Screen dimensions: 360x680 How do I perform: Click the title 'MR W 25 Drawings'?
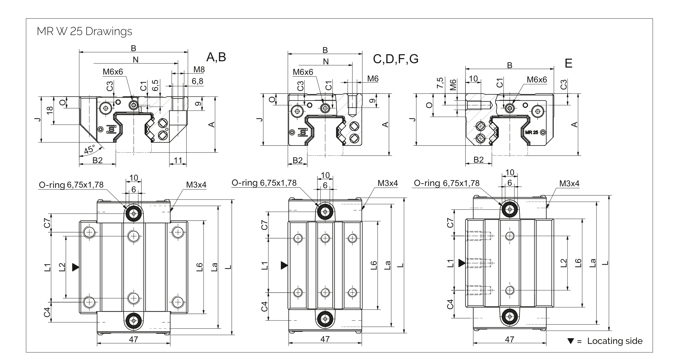pyautogui.click(x=84, y=32)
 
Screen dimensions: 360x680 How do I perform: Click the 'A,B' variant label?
pyautogui.click(x=216, y=57)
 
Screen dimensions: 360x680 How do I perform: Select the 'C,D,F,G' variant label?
pyautogui.click(x=396, y=59)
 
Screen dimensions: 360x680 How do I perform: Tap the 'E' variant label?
pyautogui.click(x=568, y=64)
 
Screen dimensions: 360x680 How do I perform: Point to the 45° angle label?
pyautogui.click(x=89, y=149)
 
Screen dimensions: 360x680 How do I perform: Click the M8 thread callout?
pyautogui.click(x=199, y=69)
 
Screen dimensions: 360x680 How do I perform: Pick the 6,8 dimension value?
pyautogui.click(x=197, y=81)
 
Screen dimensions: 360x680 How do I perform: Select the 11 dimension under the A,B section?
pyautogui.click(x=178, y=160)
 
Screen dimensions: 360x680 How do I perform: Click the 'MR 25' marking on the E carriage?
pyautogui.click(x=531, y=132)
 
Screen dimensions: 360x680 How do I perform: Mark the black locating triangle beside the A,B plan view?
pyautogui.click(x=75, y=267)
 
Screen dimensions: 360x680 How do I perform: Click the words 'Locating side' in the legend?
pyautogui.click(x=615, y=341)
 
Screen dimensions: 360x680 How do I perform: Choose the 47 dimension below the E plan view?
pyautogui.click(x=509, y=339)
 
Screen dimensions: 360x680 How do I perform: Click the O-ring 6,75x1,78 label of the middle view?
pyautogui.click(x=264, y=183)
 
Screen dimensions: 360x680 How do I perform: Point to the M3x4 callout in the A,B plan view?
pyautogui.click(x=196, y=185)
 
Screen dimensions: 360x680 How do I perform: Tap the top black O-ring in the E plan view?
pyautogui.click(x=509, y=209)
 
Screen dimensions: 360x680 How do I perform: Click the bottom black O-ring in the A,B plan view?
pyautogui.click(x=134, y=321)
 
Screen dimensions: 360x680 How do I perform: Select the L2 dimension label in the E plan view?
pyautogui.click(x=563, y=263)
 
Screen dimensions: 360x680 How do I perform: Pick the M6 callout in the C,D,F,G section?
pyautogui.click(x=373, y=79)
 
